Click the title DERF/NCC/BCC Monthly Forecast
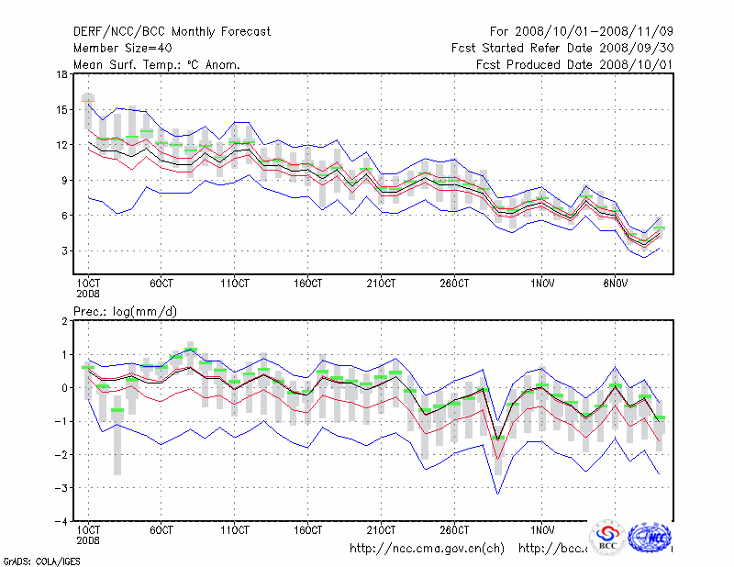(172, 32)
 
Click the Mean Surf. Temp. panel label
(156, 64)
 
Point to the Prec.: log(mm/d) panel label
(125, 311)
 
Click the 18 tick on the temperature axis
(62, 74)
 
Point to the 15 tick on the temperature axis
(62, 110)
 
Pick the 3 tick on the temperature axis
(65, 250)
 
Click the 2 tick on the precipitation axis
(65, 321)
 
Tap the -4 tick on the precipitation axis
(62, 521)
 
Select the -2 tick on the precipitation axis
(62, 454)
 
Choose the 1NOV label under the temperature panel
(542, 283)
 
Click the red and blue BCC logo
(606, 539)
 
